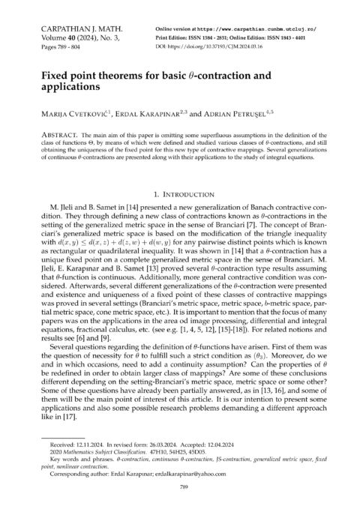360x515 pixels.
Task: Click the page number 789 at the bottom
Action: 180,487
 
